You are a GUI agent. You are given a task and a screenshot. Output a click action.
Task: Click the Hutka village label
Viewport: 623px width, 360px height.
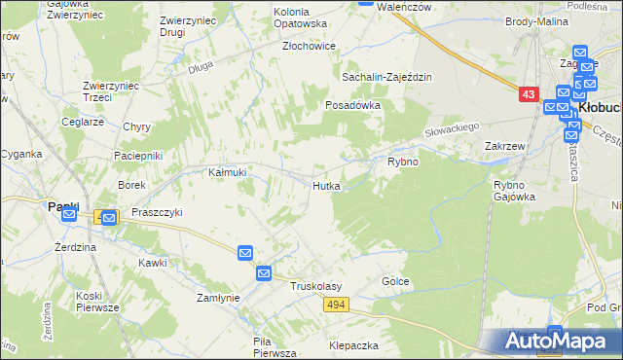pyautogui.click(x=326, y=185)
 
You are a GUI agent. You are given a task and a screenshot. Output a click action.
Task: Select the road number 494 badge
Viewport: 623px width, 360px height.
pyautogui.click(x=336, y=306)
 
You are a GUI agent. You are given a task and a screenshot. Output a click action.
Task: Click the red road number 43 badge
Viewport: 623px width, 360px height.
pyautogui.click(x=528, y=94)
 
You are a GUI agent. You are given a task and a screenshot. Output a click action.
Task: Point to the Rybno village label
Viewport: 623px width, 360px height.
pyautogui.click(x=403, y=162)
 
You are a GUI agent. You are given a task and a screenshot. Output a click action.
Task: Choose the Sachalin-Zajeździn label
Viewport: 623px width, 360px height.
pyautogui.click(x=385, y=77)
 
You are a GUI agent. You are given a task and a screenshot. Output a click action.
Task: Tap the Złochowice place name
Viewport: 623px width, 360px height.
pyautogui.click(x=309, y=46)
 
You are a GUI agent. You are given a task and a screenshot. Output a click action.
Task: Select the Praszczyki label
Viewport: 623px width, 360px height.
pyautogui.click(x=157, y=211)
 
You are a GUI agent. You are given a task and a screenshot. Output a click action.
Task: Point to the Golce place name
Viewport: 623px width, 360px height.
pyautogui.click(x=395, y=281)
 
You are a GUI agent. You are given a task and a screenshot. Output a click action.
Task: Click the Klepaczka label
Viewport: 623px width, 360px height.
pyautogui.click(x=353, y=345)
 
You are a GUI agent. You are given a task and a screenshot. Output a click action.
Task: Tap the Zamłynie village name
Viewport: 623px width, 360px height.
pyautogui.click(x=218, y=298)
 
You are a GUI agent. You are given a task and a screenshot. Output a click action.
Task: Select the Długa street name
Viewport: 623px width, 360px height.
pyautogui.click(x=201, y=67)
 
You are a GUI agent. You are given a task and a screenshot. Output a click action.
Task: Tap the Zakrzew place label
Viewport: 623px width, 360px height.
pyautogui.click(x=505, y=146)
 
